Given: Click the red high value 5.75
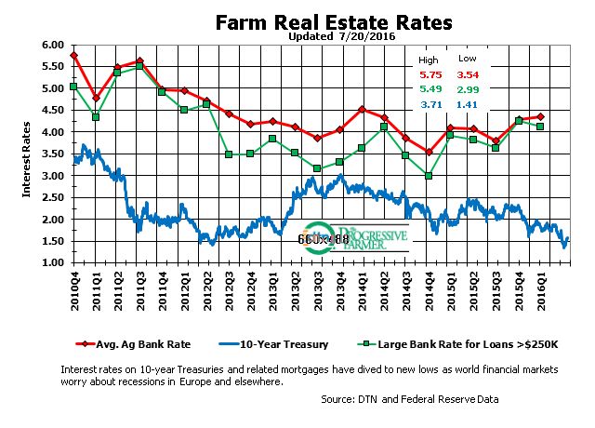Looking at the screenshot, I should click(x=430, y=74).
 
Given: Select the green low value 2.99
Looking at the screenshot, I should click(x=466, y=89).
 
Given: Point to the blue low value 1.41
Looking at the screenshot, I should click(x=466, y=106).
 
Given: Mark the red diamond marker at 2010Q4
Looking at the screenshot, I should click(x=73, y=56).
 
